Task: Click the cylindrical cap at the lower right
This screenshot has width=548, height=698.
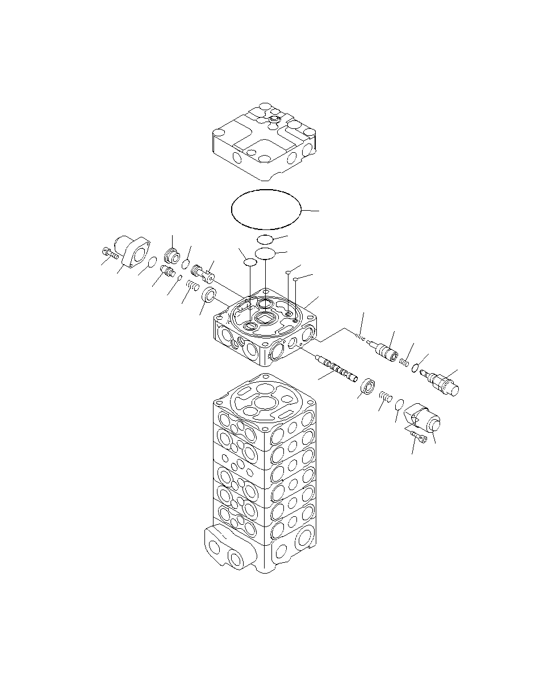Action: [x=425, y=421]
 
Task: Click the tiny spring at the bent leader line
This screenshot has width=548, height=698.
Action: [x=359, y=338]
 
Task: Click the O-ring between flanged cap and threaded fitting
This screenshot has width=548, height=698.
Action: [x=152, y=262]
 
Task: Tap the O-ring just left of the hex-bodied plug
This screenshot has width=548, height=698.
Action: [x=416, y=368]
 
